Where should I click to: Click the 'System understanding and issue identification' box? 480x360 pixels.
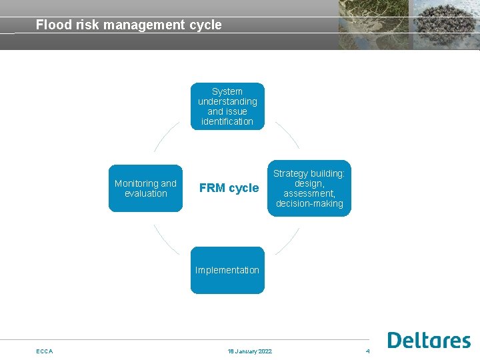227,106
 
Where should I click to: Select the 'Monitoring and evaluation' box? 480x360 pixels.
145,188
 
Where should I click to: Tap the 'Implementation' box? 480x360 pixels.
227,270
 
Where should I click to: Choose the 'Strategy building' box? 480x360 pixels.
309,188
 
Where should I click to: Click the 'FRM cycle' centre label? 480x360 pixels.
229,188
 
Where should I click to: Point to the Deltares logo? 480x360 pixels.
429,340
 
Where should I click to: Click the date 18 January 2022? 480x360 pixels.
249,351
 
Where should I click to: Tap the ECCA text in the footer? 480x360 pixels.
45,351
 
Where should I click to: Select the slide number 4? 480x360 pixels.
367,351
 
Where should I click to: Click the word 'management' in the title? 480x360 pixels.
142,25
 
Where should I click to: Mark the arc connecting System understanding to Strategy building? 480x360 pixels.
289,135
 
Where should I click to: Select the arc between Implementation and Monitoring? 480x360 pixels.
165,241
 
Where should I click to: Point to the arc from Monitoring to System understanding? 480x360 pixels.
165,135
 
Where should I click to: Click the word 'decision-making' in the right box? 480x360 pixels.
309,203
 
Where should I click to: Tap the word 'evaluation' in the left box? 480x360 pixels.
145,193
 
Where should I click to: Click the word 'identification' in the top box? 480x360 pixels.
227,121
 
